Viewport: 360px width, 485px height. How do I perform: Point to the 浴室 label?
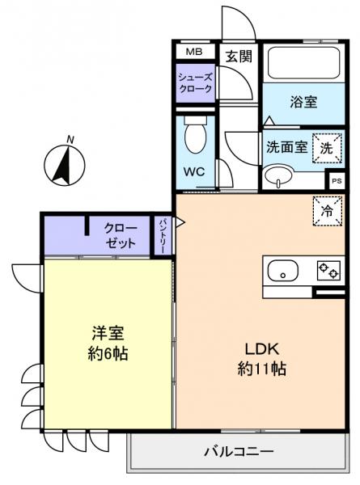[x=304, y=102]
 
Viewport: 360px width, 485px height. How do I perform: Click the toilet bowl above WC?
[x=195, y=137]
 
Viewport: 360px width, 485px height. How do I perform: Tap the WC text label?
[x=193, y=172]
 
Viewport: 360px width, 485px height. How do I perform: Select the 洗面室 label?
[x=286, y=149]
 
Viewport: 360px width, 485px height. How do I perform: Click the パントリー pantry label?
[x=163, y=235]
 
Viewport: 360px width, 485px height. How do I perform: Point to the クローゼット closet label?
[x=120, y=235]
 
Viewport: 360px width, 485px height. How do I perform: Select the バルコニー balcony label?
[x=239, y=450]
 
